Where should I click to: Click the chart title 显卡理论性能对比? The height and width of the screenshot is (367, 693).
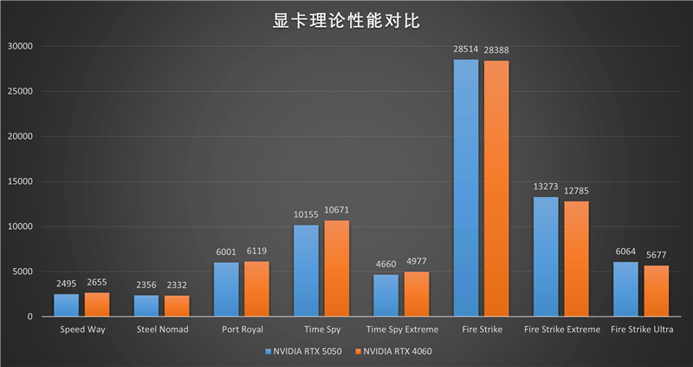(346, 20)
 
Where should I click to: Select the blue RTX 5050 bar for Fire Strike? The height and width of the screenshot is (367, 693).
(466, 187)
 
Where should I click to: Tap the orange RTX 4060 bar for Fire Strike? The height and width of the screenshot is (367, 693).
(496, 188)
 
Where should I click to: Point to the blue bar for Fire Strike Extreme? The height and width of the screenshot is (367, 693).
(546, 257)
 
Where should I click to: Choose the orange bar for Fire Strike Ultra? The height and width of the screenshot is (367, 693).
(656, 291)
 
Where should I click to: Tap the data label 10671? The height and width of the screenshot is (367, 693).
(337, 211)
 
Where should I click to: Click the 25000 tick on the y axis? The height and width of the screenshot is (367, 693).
(18, 91)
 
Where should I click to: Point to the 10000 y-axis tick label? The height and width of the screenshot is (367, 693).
(18, 226)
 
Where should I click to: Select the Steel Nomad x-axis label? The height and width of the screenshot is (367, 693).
(162, 330)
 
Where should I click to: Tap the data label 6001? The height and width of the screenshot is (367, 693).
(226, 252)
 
